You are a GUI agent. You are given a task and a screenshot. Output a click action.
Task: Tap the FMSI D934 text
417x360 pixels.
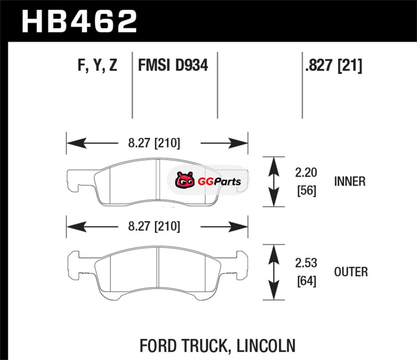173,66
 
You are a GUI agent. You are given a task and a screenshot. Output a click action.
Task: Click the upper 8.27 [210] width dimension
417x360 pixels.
155,143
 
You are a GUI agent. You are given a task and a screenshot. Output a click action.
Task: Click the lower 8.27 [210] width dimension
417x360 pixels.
155,227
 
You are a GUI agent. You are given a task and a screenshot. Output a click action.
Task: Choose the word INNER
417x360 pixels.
350,182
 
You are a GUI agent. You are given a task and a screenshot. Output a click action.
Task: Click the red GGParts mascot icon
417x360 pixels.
183,181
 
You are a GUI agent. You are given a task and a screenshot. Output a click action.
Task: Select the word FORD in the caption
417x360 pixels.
159,345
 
